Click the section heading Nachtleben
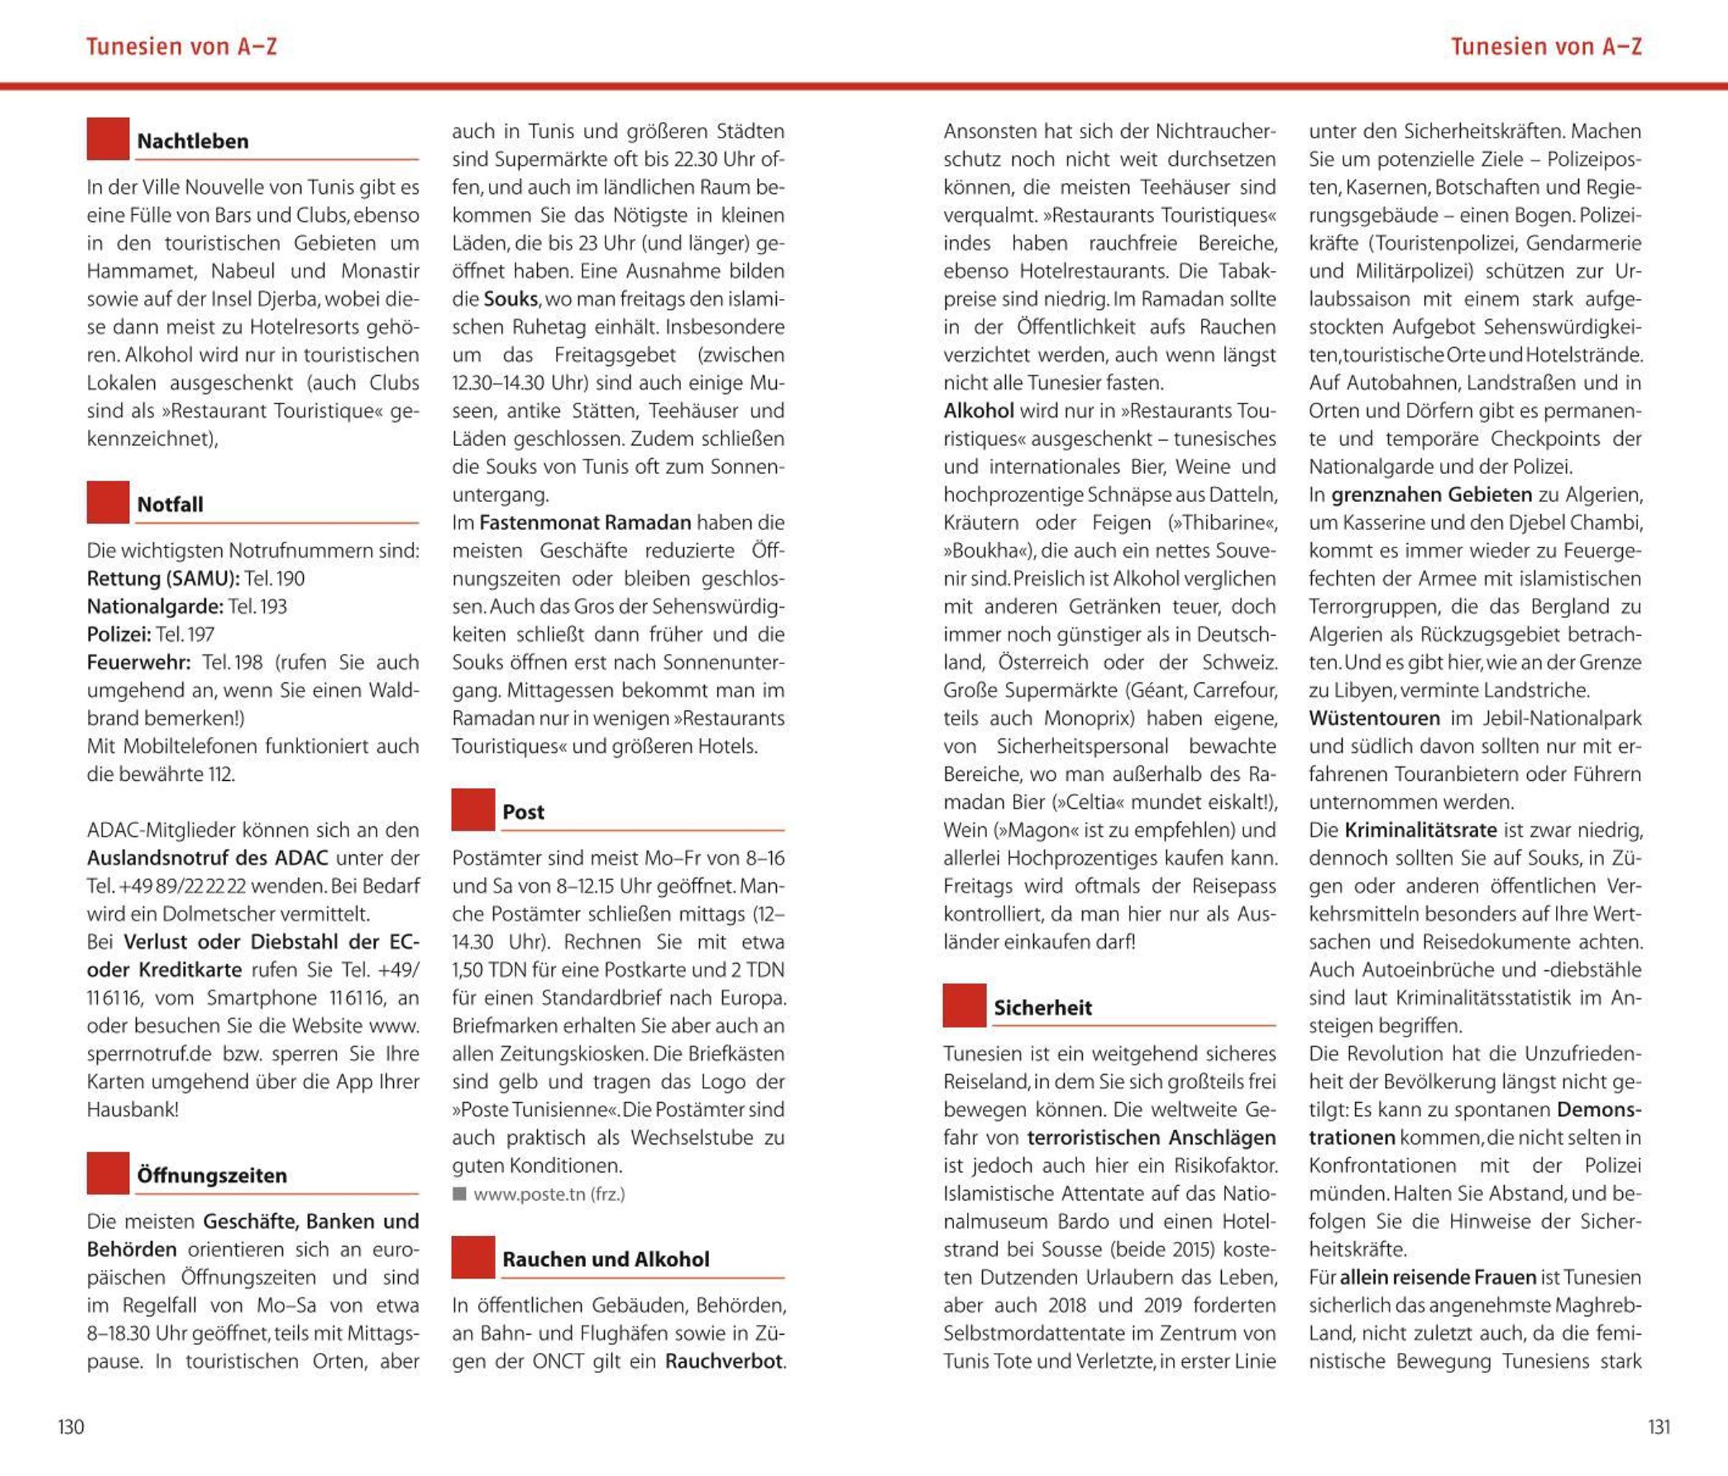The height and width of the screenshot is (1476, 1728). [x=193, y=141]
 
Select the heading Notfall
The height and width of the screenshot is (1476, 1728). [x=170, y=505]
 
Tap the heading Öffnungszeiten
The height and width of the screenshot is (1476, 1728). [x=212, y=1176]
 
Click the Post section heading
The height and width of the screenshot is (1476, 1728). [x=523, y=812]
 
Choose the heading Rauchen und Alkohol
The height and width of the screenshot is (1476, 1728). [x=606, y=1259]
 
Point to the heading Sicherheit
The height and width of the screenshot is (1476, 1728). [x=1043, y=1008]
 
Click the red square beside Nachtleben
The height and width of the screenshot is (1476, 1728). [x=107, y=138]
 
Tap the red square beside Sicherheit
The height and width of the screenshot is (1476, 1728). [x=964, y=1006]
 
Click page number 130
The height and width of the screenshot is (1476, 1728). [x=71, y=1427]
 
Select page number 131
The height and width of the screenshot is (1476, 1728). [x=1659, y=1427]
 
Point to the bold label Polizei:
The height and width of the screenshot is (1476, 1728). [x=118, y=635]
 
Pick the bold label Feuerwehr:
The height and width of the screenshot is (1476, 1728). [x=138, y=663]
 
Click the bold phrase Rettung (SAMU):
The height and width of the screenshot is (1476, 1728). [x=163, y=579]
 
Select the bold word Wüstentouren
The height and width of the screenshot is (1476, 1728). [x=1374, y=718]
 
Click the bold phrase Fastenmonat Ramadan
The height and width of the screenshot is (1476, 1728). [x=585, y=523]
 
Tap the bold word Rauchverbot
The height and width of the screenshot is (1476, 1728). [x=723, y=1361]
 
